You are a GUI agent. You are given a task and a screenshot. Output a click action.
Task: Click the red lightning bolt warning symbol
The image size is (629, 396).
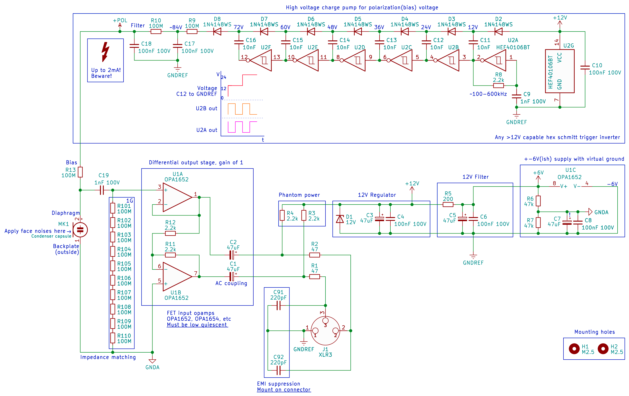tap(105, 52)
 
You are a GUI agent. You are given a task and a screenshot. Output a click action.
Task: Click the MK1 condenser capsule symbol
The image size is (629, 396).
tap(80, 230)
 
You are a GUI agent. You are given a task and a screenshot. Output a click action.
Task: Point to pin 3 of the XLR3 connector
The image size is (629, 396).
tap(325, 321)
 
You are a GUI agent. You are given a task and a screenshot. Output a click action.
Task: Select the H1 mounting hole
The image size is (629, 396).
tap(574, 349)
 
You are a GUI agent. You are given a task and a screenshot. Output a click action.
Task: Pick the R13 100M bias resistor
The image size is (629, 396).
tap(80, 172)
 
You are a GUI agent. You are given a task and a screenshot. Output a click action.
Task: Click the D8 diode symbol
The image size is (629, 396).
tap(217, 32)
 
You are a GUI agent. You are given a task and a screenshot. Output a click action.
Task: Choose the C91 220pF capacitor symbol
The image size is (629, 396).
tap(279, 305)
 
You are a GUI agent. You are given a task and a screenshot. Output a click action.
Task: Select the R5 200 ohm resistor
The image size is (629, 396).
tap(448, 205)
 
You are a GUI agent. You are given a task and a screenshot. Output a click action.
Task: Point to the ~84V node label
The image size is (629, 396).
tap(176, 27)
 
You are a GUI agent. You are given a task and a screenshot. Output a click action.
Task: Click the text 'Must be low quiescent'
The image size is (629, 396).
tap(197, 325)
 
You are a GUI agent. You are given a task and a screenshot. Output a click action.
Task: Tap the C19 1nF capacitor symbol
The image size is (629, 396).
tap(102, 190)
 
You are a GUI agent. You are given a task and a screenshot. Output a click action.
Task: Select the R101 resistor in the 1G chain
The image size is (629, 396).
tap(113, 208)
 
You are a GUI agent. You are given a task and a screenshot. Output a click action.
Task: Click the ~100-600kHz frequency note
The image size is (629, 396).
tap(488, 94)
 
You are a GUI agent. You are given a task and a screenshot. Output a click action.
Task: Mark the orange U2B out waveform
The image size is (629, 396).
tap(242, 109)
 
